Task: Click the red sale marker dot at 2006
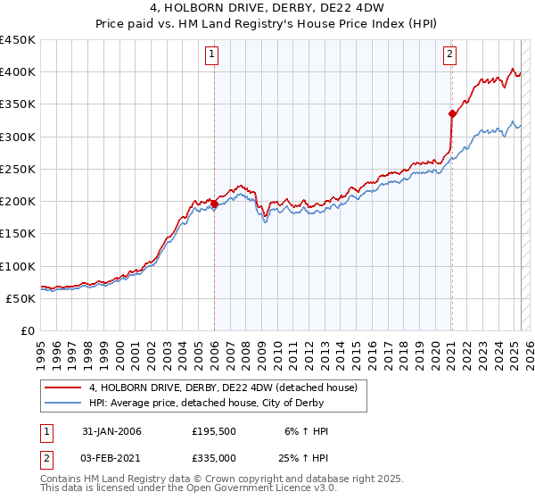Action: point(214,204)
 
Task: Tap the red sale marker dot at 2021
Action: point(451,113)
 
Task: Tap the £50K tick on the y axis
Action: point(21,299)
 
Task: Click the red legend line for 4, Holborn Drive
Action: point(63,387)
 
